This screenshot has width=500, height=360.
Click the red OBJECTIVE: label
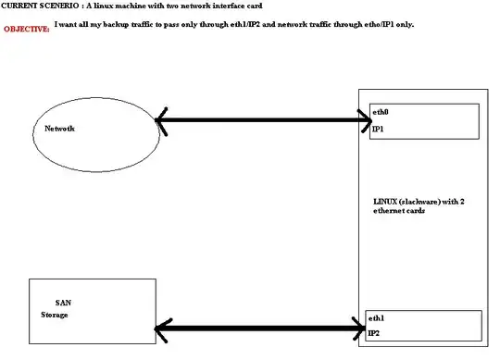click(x=26, y=29)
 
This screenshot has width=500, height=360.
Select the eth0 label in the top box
click(x=380, y=112)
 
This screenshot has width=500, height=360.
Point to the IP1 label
click(x=378, y=130)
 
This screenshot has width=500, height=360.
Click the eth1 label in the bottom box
click(x=375, y=317)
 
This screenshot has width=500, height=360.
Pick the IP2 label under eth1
click(x=374, y=332)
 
